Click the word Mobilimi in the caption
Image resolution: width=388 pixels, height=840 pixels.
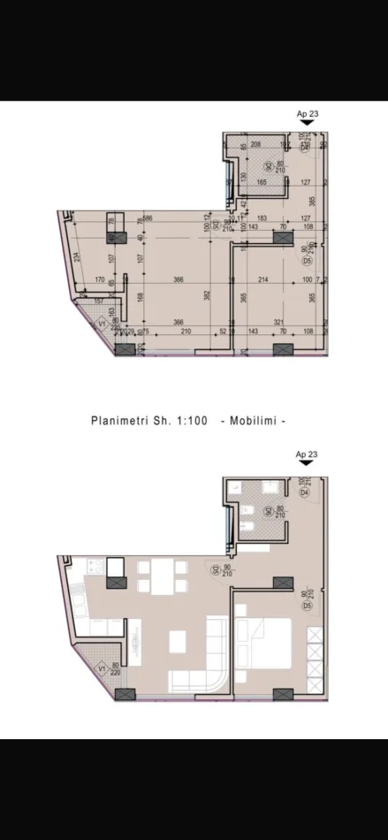tap(256, 421)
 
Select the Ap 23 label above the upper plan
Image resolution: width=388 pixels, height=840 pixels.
tap(306, 113)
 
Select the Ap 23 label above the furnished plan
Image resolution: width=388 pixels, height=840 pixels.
tap(306, 454)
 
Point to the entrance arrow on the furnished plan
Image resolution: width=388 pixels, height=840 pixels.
tap(306, 462)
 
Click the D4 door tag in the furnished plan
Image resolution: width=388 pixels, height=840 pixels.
tap(303, 493)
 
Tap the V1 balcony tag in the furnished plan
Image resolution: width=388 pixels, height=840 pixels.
tap(102, 668)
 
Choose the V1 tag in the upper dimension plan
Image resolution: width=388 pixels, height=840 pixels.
tap(102, 325)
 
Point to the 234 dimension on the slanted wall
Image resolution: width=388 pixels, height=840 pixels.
tap(78, 256)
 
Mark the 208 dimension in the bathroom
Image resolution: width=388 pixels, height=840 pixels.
tap(255, 143)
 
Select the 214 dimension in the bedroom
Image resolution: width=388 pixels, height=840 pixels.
tap(262, 280)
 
